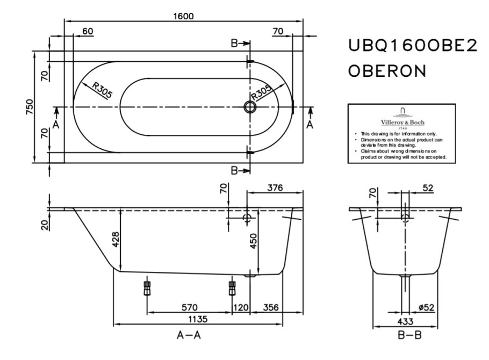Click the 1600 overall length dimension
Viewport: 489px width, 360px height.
(x=183, y=16)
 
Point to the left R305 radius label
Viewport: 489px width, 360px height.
(x=102, y=90)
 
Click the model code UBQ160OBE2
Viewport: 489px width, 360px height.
(x=413, y=47)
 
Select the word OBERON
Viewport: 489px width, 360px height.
(x=387, y=70)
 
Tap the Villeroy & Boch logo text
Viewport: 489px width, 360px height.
(x=402, y=122)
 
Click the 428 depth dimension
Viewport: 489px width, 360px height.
(x=117, y=237)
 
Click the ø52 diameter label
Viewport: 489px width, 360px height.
(x=426, y=307)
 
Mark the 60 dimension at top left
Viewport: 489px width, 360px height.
(x=88, y=31)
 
